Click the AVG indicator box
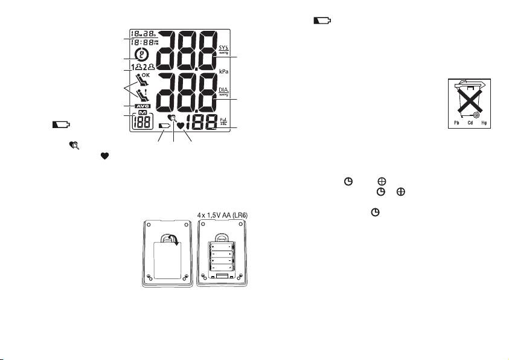coord(143,106)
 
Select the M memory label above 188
coord(143,114)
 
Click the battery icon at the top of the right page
coord(322,21)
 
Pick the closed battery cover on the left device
coord(164,259)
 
